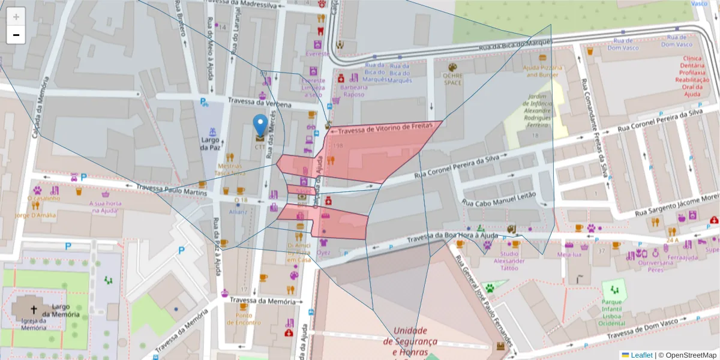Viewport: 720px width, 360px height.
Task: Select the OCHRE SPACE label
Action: tap(452, 79)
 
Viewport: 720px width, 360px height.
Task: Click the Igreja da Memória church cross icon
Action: tap(34, 310)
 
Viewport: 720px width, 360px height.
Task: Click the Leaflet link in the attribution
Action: tap(641, 355)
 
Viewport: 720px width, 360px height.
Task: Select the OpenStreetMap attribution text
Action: tap(688, 355)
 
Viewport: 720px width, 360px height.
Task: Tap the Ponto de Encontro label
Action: tap(244, 319)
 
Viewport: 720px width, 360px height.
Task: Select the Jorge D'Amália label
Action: tap(35, 215)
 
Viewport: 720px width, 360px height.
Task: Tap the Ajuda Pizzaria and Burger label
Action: tap(542, 71)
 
